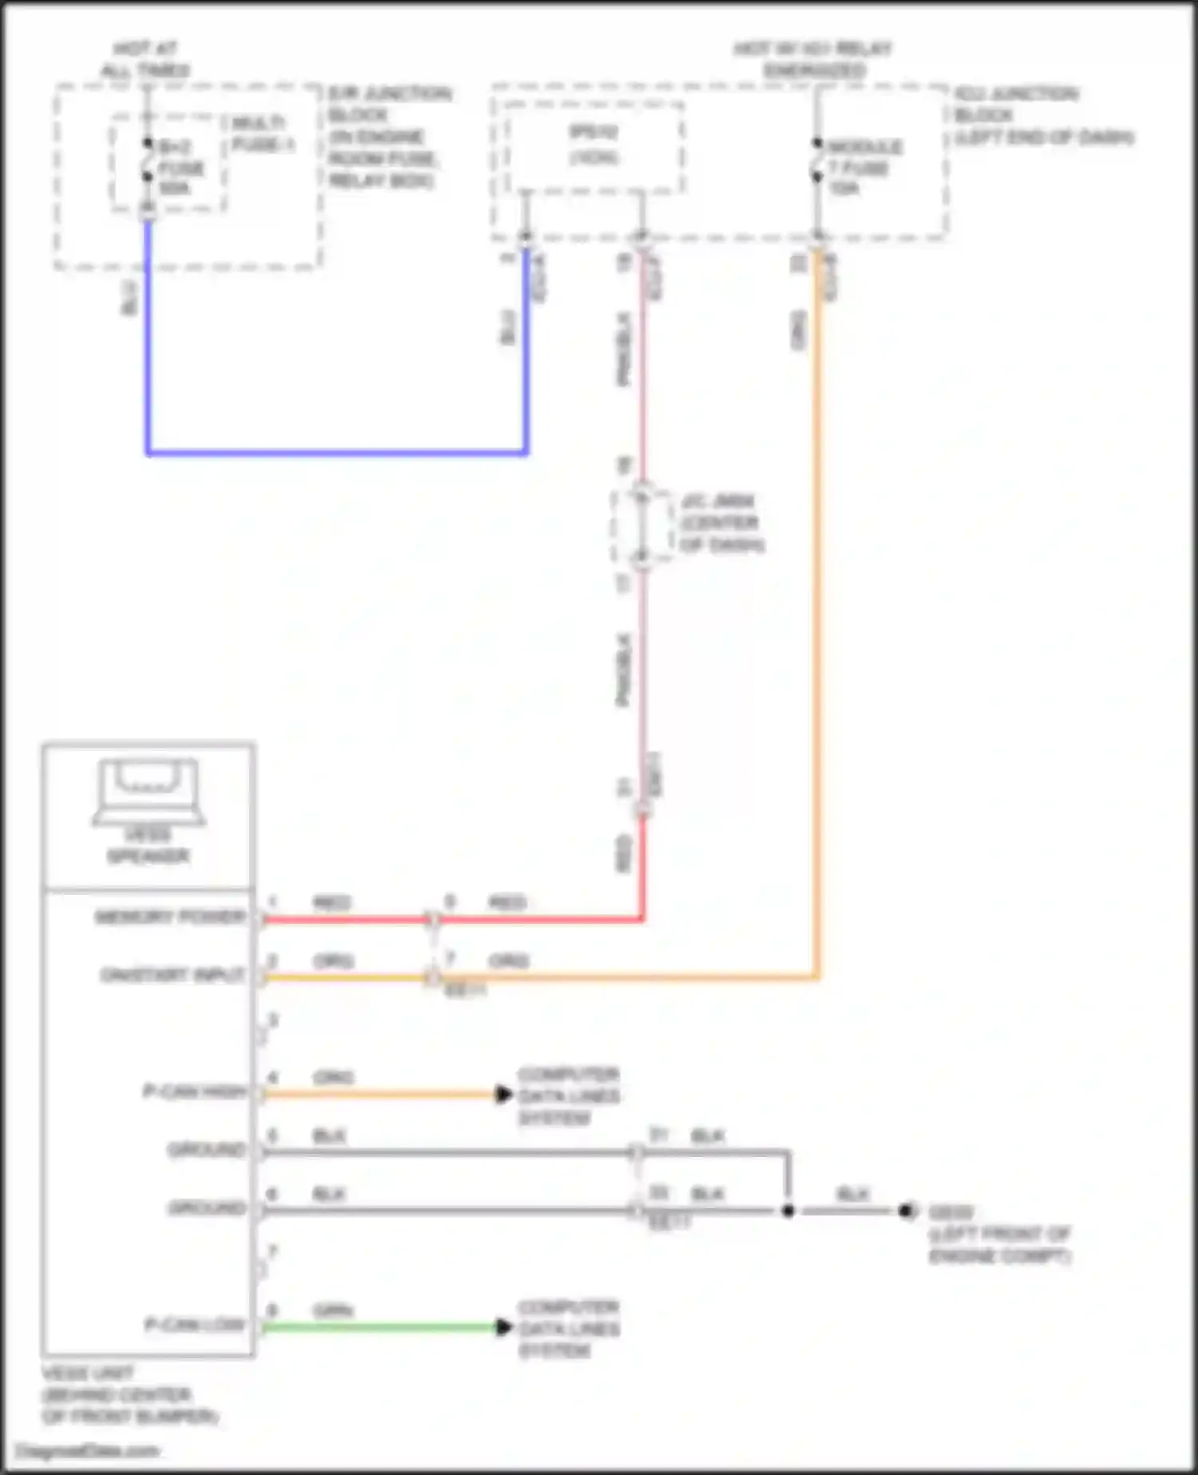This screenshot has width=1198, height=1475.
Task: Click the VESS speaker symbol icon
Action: click(x=149, y=791)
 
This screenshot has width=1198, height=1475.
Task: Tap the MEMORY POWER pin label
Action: click(x=170, y=916)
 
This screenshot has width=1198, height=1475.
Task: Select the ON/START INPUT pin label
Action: click(x=173, y=975)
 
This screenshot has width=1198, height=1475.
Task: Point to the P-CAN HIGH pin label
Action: click(x=194, y=1091)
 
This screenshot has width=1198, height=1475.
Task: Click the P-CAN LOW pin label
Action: click(x=194, y=1325)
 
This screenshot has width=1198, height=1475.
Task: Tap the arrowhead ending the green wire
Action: click(x=503, y=1327)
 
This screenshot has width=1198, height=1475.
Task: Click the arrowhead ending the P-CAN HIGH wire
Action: click(x=503, y=1094)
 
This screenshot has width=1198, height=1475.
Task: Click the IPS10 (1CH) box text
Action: click(x=593, y=145)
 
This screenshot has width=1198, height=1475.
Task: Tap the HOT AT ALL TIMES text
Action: click(x=145, y=60)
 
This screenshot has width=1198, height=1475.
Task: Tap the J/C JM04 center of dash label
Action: click(x=720, y=523)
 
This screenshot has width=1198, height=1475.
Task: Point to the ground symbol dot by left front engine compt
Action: click(x=906, y=1211)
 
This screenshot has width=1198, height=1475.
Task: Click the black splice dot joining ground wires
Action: click(x=787, y=1211)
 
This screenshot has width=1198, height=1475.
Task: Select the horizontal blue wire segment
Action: click(x=335, y=453)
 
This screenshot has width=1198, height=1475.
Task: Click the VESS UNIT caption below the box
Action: click(x=128, y=1395)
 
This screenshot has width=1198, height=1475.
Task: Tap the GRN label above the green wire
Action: click(x=333, y=1311)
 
